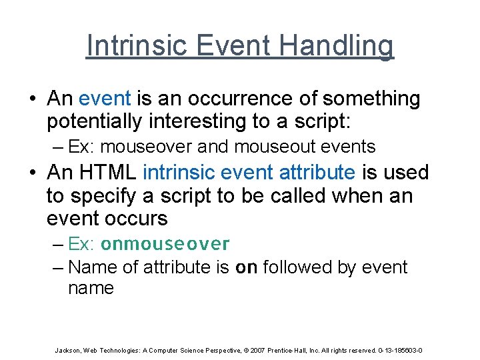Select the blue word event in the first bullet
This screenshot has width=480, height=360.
pos(105,99)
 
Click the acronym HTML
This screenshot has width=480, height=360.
pos(109,172)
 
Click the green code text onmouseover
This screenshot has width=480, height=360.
pos(165,244)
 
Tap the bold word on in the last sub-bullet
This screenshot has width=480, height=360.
pos(247,267)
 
